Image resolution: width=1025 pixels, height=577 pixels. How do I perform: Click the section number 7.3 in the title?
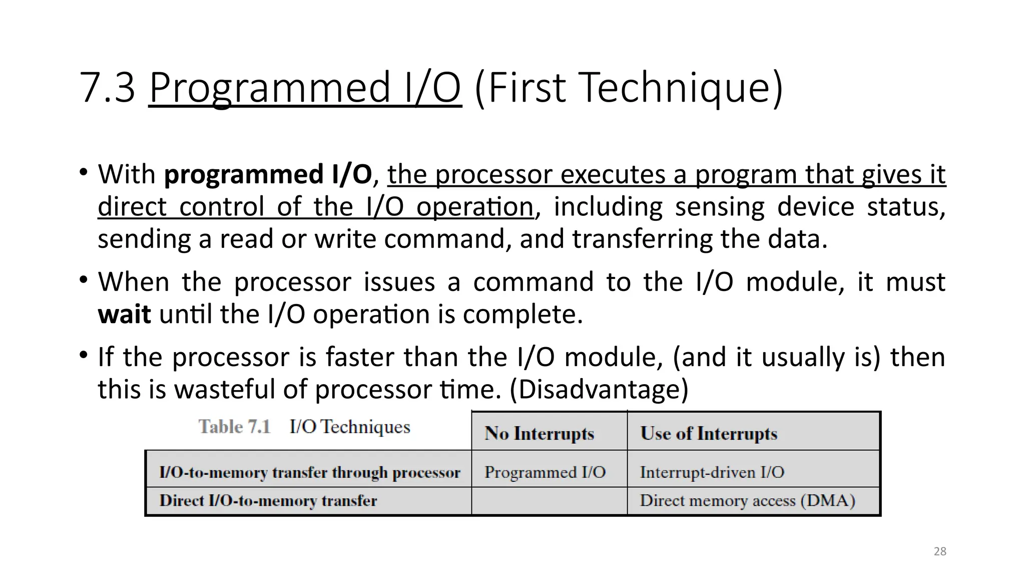pyautogui.click(x=107, y=88)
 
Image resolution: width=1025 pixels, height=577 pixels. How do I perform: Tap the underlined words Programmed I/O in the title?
pyautogui.click(x=304, y=88)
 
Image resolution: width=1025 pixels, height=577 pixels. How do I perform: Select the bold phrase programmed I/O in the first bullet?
pyautogui.click(x=268, y=175)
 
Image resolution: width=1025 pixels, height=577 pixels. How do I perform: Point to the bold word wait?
pyautogui.click(x=124, y=315)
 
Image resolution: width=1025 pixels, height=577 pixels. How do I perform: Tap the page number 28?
pyautogui.click(x=940, y=551)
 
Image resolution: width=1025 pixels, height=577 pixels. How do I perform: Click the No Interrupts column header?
pyautogui.click(x=539, y=433)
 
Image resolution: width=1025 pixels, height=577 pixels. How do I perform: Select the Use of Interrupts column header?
pyautogui.click(x=708, y=433)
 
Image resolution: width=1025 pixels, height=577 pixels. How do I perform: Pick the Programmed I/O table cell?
pyautogui.click(x=545, y=472)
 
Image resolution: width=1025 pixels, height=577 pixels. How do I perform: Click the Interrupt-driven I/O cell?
pyautogui.click(x=712, y=472)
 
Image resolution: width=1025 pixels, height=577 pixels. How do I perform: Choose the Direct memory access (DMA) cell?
pyautogui.click(x=747, y=501)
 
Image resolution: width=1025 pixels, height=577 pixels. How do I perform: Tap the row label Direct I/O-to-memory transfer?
pyautogui.click(x=268, y=501)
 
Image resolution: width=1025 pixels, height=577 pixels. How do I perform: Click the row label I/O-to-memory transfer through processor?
pyautogui.click(x=309, y=472)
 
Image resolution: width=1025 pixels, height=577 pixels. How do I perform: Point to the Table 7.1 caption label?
pyautogui.click(x=234, y=427)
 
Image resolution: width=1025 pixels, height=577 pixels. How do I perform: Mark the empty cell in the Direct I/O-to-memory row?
pyautogui.click(x=549, y=501)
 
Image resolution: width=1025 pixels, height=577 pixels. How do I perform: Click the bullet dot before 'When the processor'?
pyautogui.click(x=83, y=279)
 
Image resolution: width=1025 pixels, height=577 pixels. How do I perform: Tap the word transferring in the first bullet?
pyautogui.click(x=642, y=239)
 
